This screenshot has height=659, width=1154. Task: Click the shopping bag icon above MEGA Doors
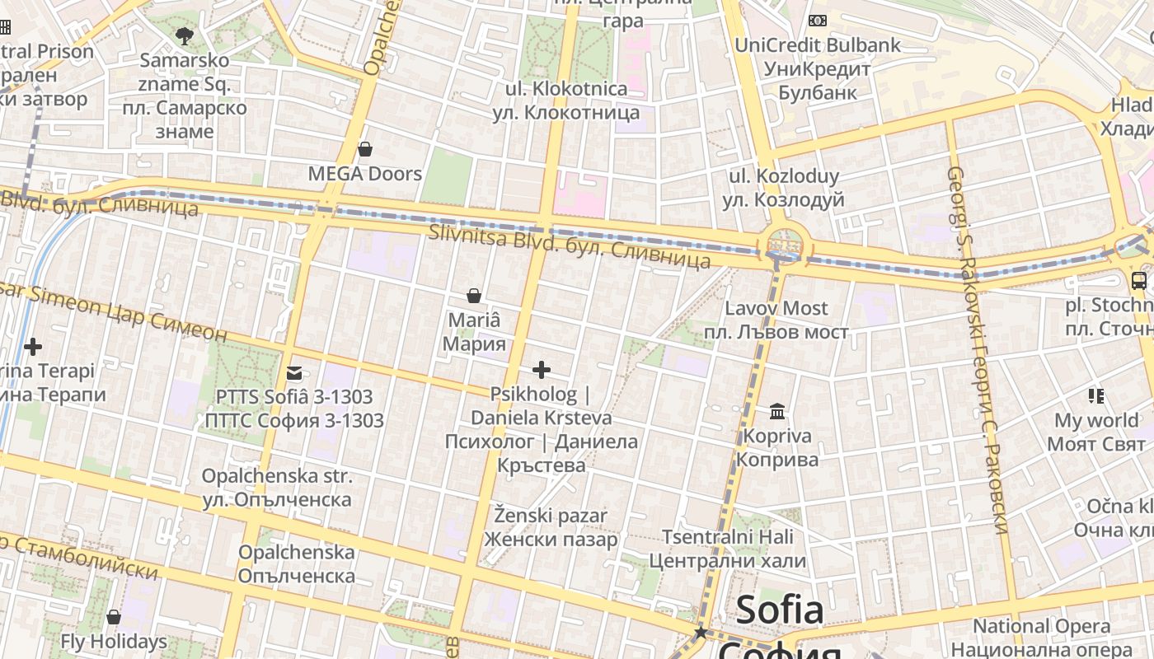[x=365, y=149]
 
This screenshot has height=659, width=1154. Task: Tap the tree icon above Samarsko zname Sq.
[x=185, y=35]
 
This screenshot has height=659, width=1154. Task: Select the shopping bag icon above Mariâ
[x=474, y=295]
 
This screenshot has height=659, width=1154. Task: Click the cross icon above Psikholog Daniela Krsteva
[x=542, y=370]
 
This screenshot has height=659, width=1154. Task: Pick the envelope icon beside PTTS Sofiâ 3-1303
[x=294, y=372]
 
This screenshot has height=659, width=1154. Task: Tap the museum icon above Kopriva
[x=777, y=411]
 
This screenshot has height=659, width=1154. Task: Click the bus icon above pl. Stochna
[x=1138, y=281]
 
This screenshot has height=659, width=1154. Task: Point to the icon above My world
[x=1095, y=396]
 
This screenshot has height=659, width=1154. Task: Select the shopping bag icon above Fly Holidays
[x=114, y=617]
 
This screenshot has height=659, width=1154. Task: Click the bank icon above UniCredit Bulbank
[x=818, y=21]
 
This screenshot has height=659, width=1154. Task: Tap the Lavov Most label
[x=776, y=320]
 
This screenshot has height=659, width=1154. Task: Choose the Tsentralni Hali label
[x=727, y=549]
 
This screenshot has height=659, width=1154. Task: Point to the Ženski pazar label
[x=551, y=527]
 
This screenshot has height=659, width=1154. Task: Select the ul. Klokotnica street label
[x=567, y=100]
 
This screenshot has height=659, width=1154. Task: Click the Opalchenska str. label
[x=277, y=488]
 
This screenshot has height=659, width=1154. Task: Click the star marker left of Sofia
[x=701, y=633]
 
